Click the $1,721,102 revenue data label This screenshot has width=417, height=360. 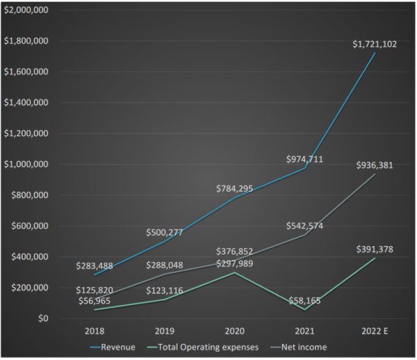pyautogui.click(x=375, y=44)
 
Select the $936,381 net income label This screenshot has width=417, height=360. pyautogui.click(x=376, y=165)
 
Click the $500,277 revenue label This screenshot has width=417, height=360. pyautogui.click(x=164, y=232)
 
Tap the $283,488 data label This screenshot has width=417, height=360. pyautogui.click(x=97, y=265)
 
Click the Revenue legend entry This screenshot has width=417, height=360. pyautogui.click(x=113, y=346)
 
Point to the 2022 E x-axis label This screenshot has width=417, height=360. pyautogui.click(x=376, y=330)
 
